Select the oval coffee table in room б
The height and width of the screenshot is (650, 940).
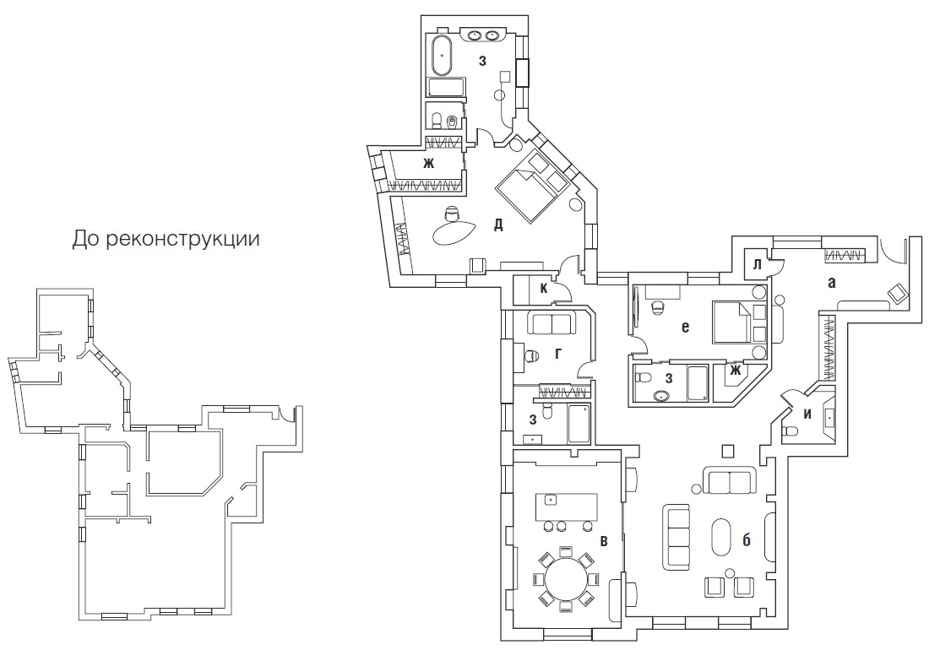tap(721, 537)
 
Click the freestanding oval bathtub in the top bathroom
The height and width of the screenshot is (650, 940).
tap(443, 56)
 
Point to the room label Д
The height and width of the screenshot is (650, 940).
tap(498, 225)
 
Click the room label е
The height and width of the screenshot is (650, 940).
tap(685, 327)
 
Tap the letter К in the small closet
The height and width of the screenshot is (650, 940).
tap(544, 289)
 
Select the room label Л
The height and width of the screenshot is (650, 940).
tap(757, 264)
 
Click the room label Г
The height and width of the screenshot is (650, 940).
tap(558, 354)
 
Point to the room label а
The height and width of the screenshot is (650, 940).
tap(831, 282)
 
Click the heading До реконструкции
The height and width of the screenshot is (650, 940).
tap(166, 238)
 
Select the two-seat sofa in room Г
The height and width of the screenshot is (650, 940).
tap(550, 323)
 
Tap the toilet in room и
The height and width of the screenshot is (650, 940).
tap(791, 431)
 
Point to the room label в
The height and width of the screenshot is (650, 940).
tap(604, 541)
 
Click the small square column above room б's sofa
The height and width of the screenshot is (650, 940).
tap(728, 451)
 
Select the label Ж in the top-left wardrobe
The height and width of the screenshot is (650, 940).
tap(428, 163)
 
